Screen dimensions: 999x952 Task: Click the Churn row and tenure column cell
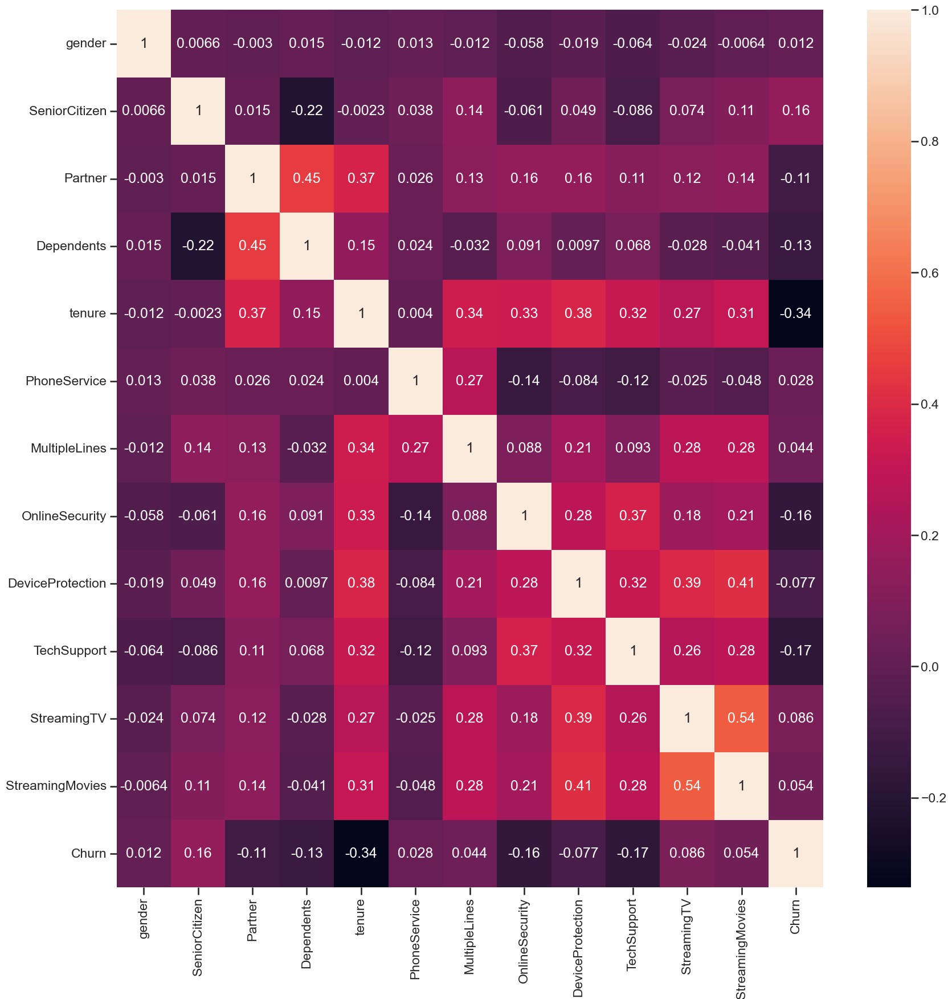click(361, 853)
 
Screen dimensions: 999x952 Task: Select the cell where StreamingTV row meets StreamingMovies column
click(741, 718)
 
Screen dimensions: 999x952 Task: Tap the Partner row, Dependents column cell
click(307, 178)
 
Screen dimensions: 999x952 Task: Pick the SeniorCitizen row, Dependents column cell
click(307, 111)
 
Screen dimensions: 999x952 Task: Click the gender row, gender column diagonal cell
click(144, 43)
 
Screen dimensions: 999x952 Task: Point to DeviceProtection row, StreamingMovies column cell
click(741, 583)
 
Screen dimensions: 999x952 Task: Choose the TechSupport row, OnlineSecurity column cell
click(524, 651)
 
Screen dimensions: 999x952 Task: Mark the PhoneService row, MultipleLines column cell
click(469, 381)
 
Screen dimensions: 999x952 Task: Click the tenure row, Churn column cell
click(795, 313)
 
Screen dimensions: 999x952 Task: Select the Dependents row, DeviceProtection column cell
click(578, 246)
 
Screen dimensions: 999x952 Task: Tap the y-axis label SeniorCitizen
click(68, 111)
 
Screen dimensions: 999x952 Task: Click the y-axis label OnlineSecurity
click(64, 516)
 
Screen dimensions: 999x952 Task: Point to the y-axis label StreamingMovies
click(56, 786)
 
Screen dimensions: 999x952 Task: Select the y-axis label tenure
click(87, 313)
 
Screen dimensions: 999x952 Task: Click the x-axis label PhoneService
click(415, 939)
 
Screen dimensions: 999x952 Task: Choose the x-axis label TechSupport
click(632, 935)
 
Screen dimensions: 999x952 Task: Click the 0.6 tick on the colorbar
click(930, 273)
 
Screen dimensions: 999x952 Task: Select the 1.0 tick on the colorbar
click(930, 10)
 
